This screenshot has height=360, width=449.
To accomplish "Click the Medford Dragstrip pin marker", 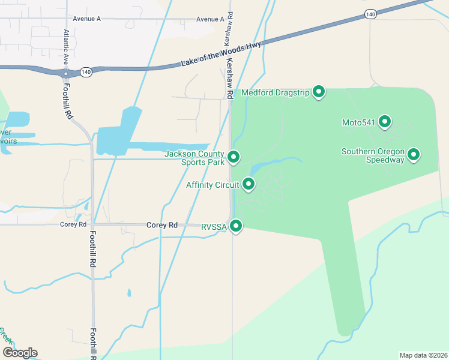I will (319, 92).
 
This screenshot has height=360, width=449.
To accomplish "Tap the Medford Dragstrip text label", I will (275, 93).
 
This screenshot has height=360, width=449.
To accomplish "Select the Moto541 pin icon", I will (384, 122).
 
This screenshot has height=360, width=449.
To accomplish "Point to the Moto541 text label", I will (358, 123).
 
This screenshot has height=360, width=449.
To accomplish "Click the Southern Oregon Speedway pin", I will (414, 155).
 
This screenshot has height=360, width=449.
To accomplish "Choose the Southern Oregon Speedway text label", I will (373, 155).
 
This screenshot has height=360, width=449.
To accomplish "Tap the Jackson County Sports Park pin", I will (234, 157).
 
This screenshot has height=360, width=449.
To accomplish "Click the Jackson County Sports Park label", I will (194, 158).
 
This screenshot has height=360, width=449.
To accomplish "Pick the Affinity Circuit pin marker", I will (248, 184).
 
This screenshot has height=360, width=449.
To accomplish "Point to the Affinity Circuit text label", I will (212, 185).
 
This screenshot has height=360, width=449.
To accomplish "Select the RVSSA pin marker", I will (237, 226).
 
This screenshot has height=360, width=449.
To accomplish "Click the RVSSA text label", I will (213, 226).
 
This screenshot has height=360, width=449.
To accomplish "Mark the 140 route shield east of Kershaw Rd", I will (370, 13).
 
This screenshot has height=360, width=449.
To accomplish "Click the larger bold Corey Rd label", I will (162, 225).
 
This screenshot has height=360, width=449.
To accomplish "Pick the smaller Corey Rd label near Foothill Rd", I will (70, 224).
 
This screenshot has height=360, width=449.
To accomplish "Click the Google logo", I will (20, 353).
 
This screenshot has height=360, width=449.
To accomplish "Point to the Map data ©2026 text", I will (423, 355).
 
